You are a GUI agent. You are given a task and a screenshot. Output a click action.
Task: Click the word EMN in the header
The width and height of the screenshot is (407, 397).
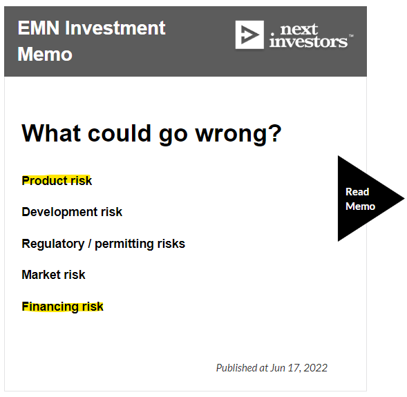click(39, 28)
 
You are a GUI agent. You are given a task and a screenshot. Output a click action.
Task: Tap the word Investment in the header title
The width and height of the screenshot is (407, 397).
click(115, 28)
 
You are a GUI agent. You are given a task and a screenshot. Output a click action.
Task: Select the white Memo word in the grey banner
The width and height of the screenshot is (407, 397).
click(45, 55)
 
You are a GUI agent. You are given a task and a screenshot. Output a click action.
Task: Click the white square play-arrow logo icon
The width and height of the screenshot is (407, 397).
click(249, 35)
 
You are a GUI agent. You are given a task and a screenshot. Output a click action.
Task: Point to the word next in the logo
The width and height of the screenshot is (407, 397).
click(299, 29)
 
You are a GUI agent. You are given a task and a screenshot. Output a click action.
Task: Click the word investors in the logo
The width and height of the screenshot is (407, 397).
click(308, 41)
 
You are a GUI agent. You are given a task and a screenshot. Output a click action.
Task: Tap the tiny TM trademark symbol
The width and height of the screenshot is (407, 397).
click(351, 35)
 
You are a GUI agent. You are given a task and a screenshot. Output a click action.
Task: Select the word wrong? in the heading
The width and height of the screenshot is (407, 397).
click(238, 134)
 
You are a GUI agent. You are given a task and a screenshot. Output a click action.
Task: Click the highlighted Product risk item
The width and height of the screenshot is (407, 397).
click(57, 180)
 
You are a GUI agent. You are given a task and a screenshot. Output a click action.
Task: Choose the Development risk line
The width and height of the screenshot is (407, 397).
click(72, 212)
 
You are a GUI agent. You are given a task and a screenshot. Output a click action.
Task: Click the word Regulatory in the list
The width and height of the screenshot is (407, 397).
click(53, 244)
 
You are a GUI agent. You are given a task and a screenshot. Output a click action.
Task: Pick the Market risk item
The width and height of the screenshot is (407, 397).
click(53, 275)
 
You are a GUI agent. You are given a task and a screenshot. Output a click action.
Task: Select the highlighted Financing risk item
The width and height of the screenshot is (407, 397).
click(63, 307)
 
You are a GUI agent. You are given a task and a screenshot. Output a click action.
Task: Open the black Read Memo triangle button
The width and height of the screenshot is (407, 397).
click(363, 199)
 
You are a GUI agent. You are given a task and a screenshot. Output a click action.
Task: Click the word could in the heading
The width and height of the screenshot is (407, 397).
click(120, 133)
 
